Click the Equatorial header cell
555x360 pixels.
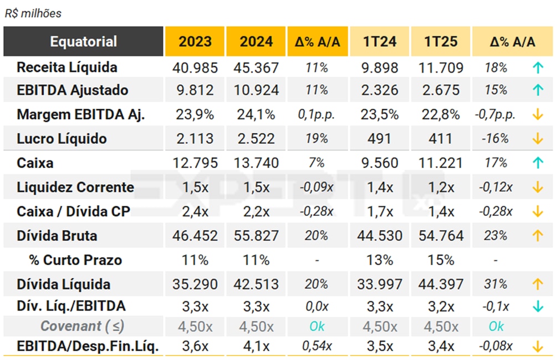click(x=83, y=42)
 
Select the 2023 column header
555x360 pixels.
click(x=195, y=42)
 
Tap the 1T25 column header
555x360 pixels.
click(x=441, y=42)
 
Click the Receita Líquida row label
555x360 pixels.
click(x=67, y=68)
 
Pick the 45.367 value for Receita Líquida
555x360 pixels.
click(x=256, y=68)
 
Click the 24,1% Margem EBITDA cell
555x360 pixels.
click(x=256, y=115)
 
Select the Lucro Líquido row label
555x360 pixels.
click(x=62, y=139)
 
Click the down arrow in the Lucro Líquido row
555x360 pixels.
click(x=537, y=139)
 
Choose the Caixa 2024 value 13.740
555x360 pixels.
click(x=256, y=163)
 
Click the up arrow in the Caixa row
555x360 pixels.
click(x=537, y=163)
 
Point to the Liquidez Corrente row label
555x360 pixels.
click(x=75, y=187)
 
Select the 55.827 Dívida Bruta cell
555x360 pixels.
click(x=256, y=236)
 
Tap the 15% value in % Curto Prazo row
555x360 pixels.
click(x=441, y=260)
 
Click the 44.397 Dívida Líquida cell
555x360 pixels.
click(x=441, y=285)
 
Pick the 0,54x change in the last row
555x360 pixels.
click(x=317, y=347)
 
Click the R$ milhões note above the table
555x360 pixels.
click(x=33, y=13)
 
